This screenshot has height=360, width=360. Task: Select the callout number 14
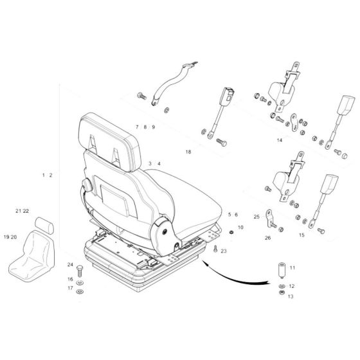click(x=280, y=139)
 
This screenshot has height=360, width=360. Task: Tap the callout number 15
click(x=301, y=235)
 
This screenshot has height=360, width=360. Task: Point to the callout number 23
click(x=224, y=251)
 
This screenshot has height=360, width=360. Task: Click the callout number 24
click(x=70, y=265)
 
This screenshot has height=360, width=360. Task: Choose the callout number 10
click(x=240, y=228)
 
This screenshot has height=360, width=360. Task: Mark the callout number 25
click(x=256, y=217)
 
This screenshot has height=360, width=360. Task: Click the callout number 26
click(x=267, y=238)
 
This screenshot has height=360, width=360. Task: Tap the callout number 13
click(x=291, y=296)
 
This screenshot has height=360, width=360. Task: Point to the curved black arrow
click(x=238, y=273)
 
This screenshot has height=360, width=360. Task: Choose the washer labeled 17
click(x=80, y=289)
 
